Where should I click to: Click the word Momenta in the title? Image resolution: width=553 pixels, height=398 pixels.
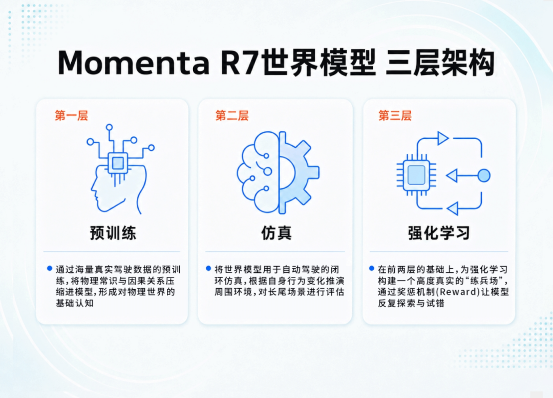pyautogui.click(x=134, y=63)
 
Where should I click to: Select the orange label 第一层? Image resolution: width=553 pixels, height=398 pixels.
pyautogui.click(x=71, y=115)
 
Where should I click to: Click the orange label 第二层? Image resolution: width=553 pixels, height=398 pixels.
pyautogui.click(x=232, y=115)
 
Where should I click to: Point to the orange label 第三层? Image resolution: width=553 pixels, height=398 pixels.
pyautogui.click(x=395, y=115)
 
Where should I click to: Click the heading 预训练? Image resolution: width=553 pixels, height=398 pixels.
pyautogui.click(x=113, y=233)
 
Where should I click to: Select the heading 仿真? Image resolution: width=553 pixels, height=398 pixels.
pyautogui.click(x=276, y=233)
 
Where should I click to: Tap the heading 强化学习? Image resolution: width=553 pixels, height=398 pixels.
pyautogui.click(x=439, y=233)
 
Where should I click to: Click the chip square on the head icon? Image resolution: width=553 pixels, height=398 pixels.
pyautogui.click(x=117, y=163)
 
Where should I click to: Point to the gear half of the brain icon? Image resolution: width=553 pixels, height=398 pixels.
pyautogui.click(x=298, y=172)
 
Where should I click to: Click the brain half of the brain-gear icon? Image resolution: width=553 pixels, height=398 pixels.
pyautogui.click(x=257, y=172)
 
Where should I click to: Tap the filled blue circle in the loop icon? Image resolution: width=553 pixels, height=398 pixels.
pyautogui.click(x=484, y=175)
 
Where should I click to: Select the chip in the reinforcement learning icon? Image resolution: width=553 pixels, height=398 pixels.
pyautogui.click(x=416, y=175)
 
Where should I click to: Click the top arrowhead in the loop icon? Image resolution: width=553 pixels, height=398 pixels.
pyautogui.click(x=442, y=138)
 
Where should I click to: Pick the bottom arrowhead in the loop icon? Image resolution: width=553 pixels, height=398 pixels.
pyautogui.click(x=453, y=208)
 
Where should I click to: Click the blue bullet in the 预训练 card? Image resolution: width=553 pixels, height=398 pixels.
pyautogui.click(x=50, y=269)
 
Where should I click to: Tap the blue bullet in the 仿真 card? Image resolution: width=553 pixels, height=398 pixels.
pyautogui.click(x=208, y=269)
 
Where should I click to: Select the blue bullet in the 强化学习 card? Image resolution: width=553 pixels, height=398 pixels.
pyautogui.click(x=372, y=269)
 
